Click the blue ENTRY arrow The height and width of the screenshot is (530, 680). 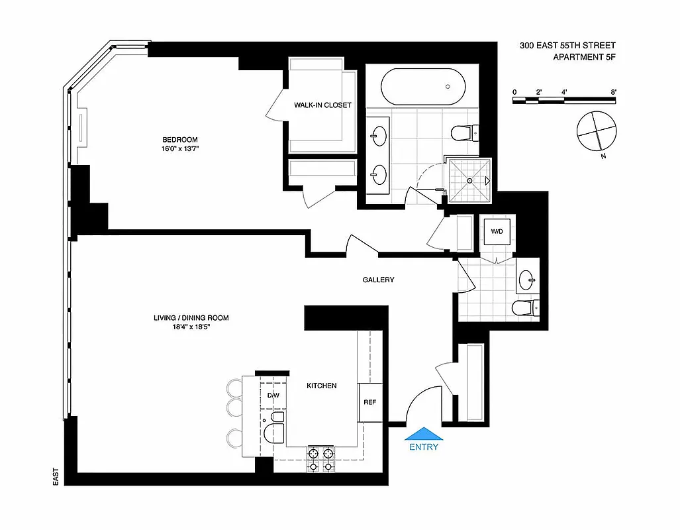[x=423, y=433]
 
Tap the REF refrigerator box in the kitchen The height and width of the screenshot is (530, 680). [x=370, y=402]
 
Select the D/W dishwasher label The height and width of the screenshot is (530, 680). [x=272, y=396]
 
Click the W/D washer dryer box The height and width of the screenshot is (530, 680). [x=496, y=232]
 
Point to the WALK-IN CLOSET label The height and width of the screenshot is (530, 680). [x=323, y=105]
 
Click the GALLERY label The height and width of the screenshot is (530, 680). [x=378, y=280]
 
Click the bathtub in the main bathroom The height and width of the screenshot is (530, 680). [x=422, y=87]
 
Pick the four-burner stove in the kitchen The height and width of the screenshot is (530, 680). [x=320, y=459]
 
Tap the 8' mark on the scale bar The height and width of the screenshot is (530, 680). [x=614, y=92]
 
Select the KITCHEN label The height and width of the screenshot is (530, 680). [x=321, y=386]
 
